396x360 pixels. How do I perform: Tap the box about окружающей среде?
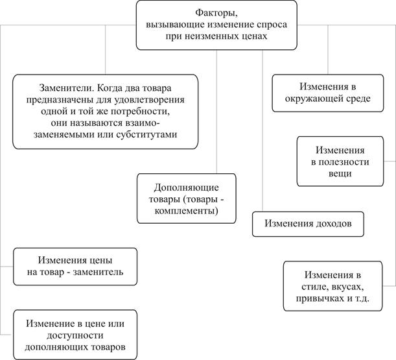(x=325, y=93)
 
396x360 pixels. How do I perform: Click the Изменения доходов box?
(x=308, y=223)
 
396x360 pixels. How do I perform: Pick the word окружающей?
(x=314, y=100)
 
